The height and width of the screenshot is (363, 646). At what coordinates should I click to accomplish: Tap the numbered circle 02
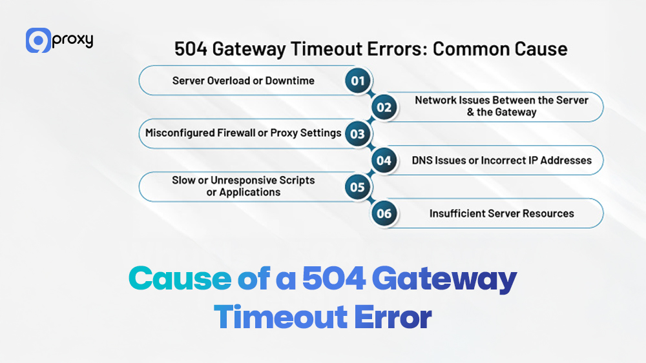384,107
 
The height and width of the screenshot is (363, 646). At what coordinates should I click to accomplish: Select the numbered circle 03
357,133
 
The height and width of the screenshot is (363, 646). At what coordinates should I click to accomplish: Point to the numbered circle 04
384,160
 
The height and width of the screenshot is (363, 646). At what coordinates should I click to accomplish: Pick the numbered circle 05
357,187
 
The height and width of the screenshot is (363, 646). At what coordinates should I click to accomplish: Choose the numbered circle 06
384,213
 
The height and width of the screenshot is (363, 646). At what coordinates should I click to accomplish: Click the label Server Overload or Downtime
243,81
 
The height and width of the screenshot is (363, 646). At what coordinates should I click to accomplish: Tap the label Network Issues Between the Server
501,101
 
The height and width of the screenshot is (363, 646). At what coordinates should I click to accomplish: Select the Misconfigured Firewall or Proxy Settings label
243,133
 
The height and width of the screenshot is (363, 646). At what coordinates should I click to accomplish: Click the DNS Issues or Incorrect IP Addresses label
501,160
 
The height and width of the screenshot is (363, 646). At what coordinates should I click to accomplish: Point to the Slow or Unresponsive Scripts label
243,181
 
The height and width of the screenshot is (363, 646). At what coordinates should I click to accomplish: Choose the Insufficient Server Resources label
501,213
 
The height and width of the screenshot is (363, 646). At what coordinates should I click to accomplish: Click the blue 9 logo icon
38,41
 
